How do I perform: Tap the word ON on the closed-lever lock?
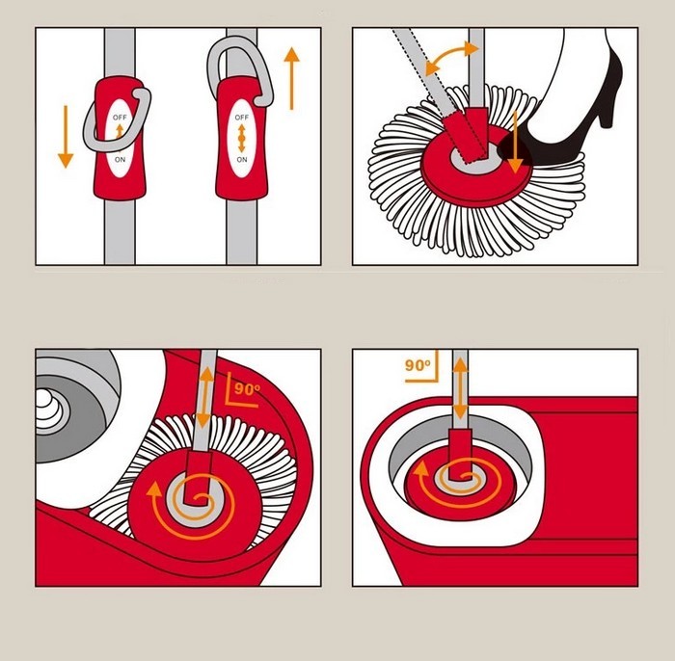(120, 158)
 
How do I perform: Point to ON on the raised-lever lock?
(241, 158)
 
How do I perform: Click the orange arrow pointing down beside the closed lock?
(65, 136)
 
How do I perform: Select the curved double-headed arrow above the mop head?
(450, 59)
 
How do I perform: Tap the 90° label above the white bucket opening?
(417, 366)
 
